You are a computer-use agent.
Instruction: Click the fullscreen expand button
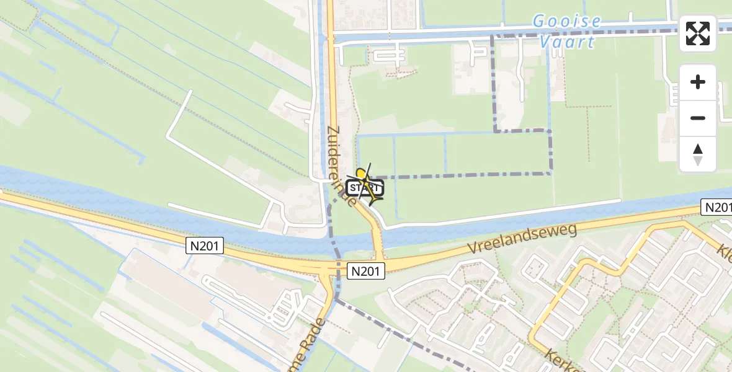698,33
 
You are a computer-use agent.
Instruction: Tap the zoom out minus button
698,118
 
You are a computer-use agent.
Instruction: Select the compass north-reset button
698,154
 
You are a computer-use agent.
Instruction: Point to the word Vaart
567,42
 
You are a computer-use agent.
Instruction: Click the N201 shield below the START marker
367,270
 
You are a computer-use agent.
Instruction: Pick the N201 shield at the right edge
716,207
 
